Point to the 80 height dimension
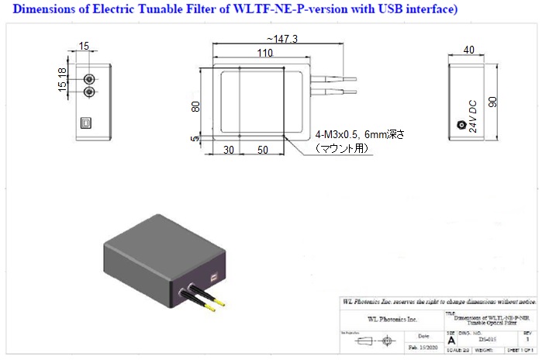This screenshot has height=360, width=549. click(x=196, y=106)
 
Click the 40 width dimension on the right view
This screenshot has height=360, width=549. click(x=468, y=50)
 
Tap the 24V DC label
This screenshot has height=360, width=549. click(x=473, y=116)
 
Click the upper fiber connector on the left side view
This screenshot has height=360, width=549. click(x=89, y=78)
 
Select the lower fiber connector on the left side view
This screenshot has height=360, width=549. click(x=89, y=92)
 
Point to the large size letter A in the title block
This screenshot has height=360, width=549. click(x=451, y=340)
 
